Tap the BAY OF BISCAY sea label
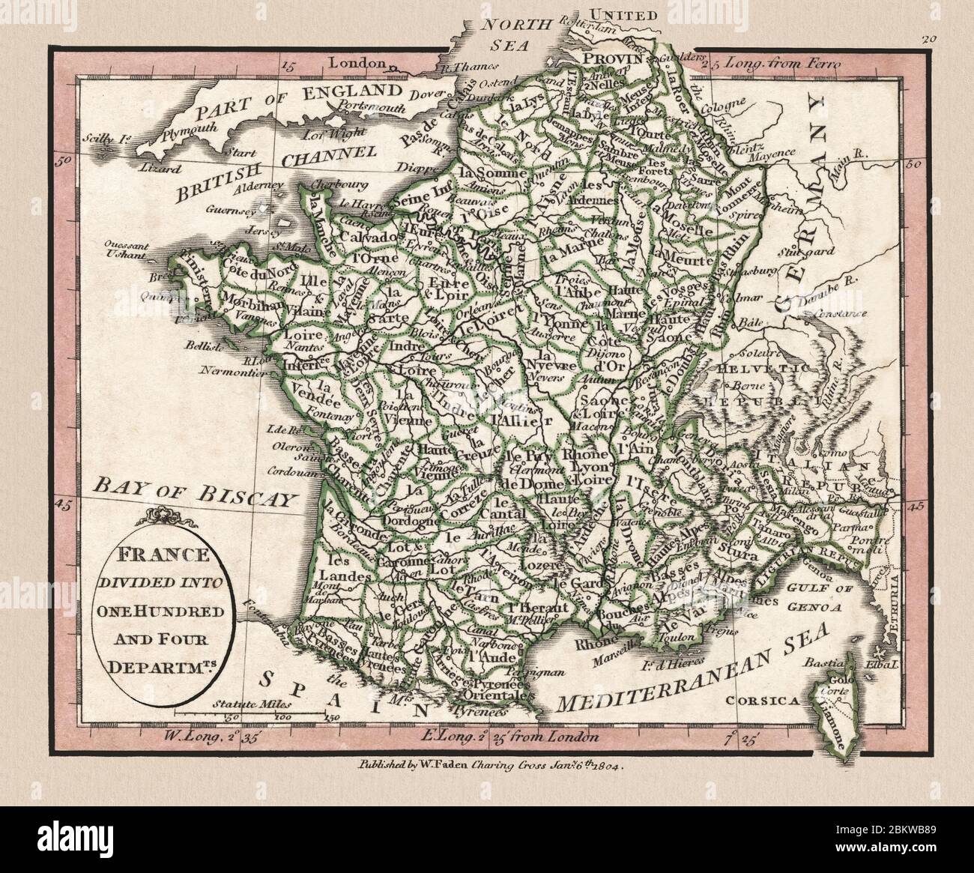[191, 492]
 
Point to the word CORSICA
[754, 701]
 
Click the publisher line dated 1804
[486, 766]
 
